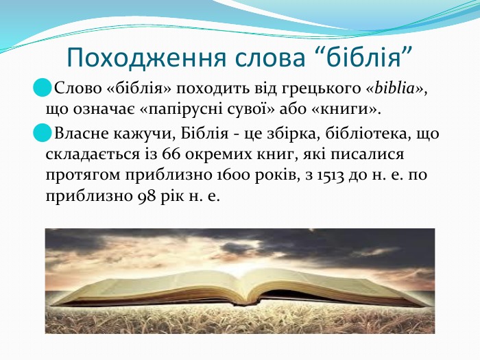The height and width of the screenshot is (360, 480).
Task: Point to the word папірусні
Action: click(186, 110)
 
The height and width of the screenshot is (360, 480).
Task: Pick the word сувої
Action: click(248, 109)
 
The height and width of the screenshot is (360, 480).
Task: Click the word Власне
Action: click(81, 134)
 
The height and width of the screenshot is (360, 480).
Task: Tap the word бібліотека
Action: click(365, 134)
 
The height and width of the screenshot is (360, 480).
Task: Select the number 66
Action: click(171, 154)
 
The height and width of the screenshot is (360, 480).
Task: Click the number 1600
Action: click(233, 176)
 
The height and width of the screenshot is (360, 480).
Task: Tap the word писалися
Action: click(367, 154)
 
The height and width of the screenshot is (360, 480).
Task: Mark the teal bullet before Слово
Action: click(43, 88)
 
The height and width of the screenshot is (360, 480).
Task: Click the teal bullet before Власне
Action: click(43, 132)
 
